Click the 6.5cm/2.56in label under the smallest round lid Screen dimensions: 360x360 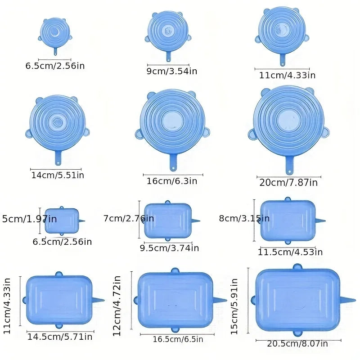coord(55,66)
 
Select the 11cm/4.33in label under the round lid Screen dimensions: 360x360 coord(287,75)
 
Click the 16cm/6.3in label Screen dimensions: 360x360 coord(172,181)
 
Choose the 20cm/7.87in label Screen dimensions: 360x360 coord(288,182)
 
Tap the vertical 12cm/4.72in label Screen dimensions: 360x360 coord(117,306)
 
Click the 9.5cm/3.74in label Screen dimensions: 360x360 coord(169,247)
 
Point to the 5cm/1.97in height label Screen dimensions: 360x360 coord(30,219)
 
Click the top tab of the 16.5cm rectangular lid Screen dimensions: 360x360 coord(175,270)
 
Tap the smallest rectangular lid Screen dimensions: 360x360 coord(62,220)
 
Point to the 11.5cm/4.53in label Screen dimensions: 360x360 coord(291,252)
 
